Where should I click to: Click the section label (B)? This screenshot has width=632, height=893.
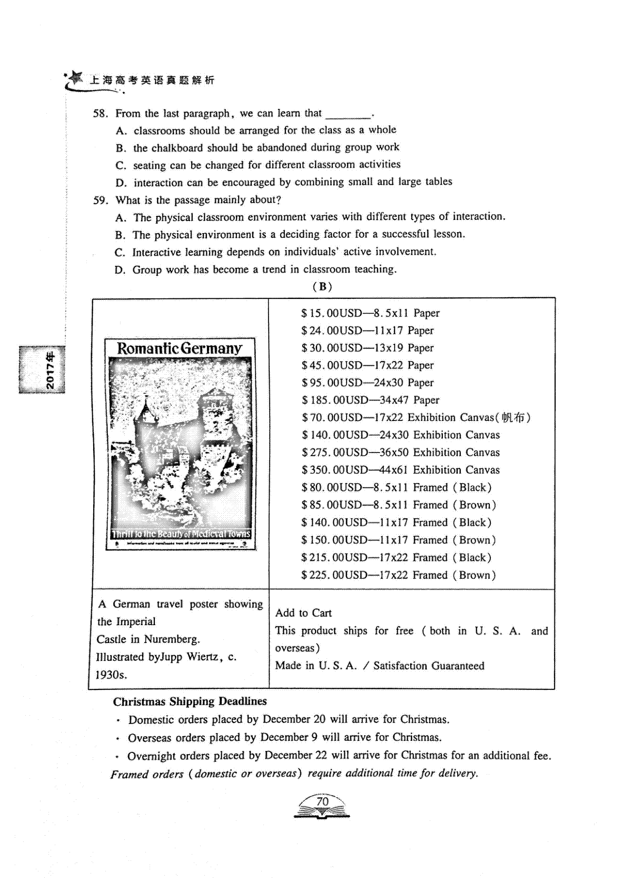coord(322,287)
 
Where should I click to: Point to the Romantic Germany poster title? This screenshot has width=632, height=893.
coord(180,348)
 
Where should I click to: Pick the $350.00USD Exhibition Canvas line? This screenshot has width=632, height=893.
coord(400,470)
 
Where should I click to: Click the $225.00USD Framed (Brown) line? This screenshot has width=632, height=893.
coord(398,575)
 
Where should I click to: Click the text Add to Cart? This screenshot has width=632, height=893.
coord(303,613)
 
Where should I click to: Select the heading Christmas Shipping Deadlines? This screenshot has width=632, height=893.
coord(190,701)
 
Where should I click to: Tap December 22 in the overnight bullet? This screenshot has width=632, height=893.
coord(295,756)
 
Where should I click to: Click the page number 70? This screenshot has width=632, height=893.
coord(322,801)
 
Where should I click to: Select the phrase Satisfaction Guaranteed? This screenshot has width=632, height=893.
coord(429,666)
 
